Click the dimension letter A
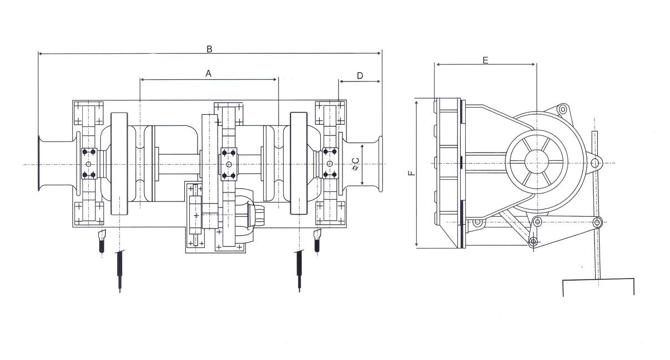coord(209,73)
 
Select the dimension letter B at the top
coord(209,49)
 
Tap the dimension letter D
coord(360,75)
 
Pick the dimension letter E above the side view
coord(485,59)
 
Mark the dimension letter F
coord(411,173)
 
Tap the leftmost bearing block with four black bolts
coord(89,164)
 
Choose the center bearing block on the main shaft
coord(229,164)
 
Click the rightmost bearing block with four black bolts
coord(330,164)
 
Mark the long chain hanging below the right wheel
coord(299,271)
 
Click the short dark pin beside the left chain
coord(102,241)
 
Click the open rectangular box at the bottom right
coord(598,287)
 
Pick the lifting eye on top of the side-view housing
coord(562,109)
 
